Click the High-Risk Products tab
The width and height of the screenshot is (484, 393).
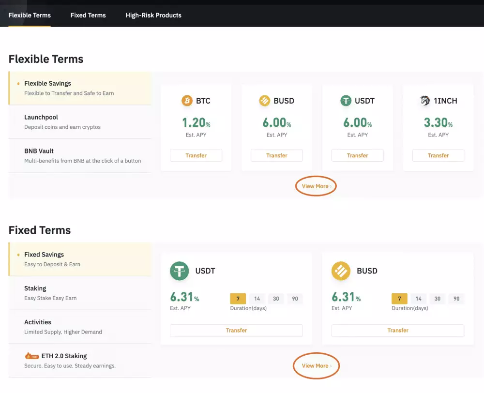point(153,15)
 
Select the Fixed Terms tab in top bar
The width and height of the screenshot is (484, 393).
point(88,15)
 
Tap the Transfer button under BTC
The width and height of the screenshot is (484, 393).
point(196,155)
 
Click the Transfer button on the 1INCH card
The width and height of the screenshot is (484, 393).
point(438,155)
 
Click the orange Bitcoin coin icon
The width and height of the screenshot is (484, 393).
point(187,101)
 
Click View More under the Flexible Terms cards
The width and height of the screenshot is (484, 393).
point(316,186)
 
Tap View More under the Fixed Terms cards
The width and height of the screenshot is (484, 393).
point(316,366)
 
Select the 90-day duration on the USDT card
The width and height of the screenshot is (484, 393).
point(295,299)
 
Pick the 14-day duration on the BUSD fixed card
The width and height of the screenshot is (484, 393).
point(419,299)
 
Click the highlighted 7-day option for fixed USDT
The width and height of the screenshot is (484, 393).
point(238,299)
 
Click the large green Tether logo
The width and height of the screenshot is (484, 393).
point(180,271)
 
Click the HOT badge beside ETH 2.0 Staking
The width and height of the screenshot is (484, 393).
point(31,356)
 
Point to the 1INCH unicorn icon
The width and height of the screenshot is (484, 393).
point(425,101)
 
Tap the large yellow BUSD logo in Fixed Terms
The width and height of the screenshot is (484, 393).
point(341,271)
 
